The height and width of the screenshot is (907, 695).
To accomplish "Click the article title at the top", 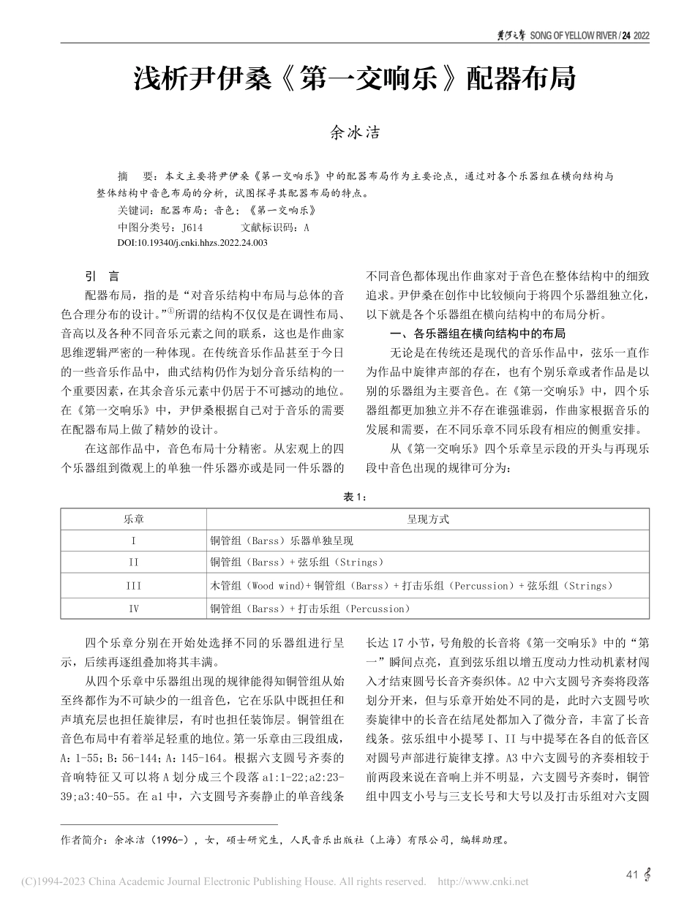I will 354,78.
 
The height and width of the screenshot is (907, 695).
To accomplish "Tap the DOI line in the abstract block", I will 192,242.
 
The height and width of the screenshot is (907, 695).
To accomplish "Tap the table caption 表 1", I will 354,497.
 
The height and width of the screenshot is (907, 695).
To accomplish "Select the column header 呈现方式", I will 427,519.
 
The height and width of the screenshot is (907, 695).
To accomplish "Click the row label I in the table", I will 133,541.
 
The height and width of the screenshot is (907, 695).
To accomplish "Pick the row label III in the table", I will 133,586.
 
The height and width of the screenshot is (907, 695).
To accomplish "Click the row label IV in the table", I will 133,609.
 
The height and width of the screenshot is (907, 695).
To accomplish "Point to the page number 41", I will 633,874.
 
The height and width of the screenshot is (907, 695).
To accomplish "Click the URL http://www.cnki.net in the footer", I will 487,881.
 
